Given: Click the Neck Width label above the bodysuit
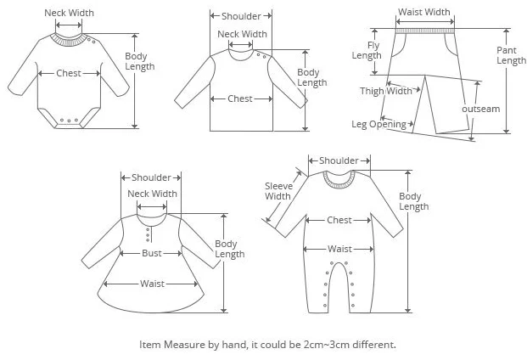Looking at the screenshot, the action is [69, 13].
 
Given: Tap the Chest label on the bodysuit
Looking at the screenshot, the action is [69, 74].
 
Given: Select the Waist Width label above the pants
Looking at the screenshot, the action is [424, 12].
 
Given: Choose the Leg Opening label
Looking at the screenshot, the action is [378, 124].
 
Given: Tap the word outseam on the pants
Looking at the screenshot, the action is [480, 109].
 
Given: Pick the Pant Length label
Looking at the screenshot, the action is [511, 55].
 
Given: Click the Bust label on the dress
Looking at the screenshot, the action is [152, 254].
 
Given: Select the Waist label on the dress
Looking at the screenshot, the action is [153, 284].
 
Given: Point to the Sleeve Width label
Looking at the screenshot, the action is [278, 191].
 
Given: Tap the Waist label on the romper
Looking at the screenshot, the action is [339, 249].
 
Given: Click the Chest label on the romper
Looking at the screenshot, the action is [339, 221].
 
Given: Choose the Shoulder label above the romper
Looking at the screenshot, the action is [339, 160].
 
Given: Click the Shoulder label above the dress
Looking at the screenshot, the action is [152, 177].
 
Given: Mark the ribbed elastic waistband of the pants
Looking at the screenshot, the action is [424, 31].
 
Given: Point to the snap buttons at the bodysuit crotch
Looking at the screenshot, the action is [69, 120].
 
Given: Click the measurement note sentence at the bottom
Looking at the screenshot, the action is [267, 346].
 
